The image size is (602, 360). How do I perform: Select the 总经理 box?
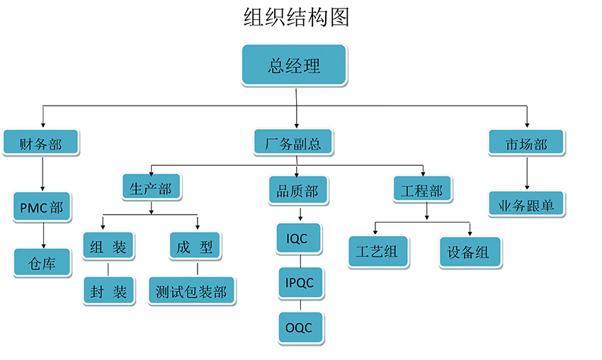pos(294,66)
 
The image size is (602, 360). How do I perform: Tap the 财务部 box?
pos(41,144)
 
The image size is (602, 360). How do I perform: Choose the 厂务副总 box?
pos(293,144)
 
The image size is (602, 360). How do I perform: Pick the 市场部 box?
pos(526,144)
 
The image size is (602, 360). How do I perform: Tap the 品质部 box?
pos(297,191)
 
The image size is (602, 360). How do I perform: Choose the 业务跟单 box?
pos(526,206)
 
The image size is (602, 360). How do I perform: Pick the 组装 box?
pos(108,247)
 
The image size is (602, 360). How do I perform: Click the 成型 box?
pos(195,247)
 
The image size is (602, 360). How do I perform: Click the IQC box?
pos(297,239)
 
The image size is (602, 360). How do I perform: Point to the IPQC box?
pos(300,283)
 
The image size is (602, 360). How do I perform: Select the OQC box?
pos(300,328)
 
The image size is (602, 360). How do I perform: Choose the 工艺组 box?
pos(378,252)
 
